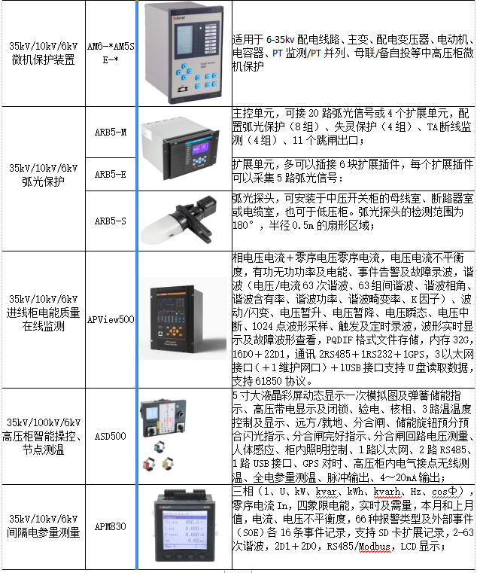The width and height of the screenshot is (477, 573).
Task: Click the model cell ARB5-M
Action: [x=111, y=132]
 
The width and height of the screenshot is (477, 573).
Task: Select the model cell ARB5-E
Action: [x=111, y=175]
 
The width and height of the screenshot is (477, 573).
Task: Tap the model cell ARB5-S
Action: [x=111, y=221]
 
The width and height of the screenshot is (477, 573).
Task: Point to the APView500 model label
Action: [x=111, y=319]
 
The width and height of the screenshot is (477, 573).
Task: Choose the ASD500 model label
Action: [x=111, y=436]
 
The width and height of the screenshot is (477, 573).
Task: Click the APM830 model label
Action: [x=111, y=526]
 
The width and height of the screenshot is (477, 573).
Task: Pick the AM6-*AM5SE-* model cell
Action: [x=111, y=53]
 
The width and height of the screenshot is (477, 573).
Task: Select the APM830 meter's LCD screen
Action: [x=185, y=530]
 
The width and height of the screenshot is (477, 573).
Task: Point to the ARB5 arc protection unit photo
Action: [x=180, y=149]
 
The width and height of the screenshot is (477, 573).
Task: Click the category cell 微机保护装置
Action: [x=43, y=53]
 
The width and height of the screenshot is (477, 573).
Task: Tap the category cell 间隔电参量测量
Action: [x=43, y=526]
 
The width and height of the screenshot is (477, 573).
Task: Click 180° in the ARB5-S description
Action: [x=242, y=225]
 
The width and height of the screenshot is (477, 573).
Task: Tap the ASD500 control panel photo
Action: [x=163, y=435]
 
